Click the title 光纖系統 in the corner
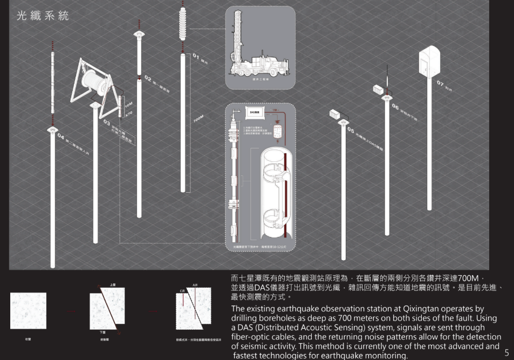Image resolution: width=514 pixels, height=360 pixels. coord(43,16)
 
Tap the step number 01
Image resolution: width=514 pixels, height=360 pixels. coord(196,56)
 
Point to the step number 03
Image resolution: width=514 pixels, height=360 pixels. coord(107,122)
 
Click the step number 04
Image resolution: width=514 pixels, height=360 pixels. coord(61,135)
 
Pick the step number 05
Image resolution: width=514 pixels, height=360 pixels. coord(351,130)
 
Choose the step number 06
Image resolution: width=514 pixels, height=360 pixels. coord(395,106)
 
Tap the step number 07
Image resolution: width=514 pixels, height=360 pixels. coord(440,84)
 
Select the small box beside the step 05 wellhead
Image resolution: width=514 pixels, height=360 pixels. coord(336,113)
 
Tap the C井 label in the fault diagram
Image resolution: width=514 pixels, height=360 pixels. coord(183,291)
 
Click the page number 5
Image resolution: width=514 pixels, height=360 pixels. coord(506,353)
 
